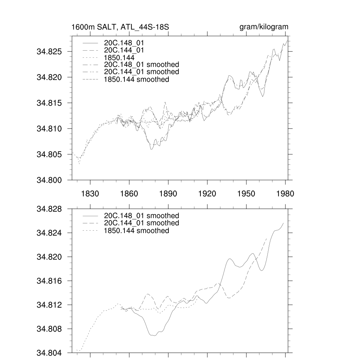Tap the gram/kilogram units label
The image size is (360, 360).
point(264,27)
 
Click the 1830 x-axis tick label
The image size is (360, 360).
point(90,193)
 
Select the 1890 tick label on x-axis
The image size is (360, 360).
point(168,193)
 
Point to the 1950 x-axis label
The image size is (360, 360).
point(246,193)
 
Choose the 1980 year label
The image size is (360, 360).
point(285,193)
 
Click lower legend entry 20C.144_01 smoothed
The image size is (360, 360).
point(141,223)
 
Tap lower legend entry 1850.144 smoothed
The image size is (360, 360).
point(136,231)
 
